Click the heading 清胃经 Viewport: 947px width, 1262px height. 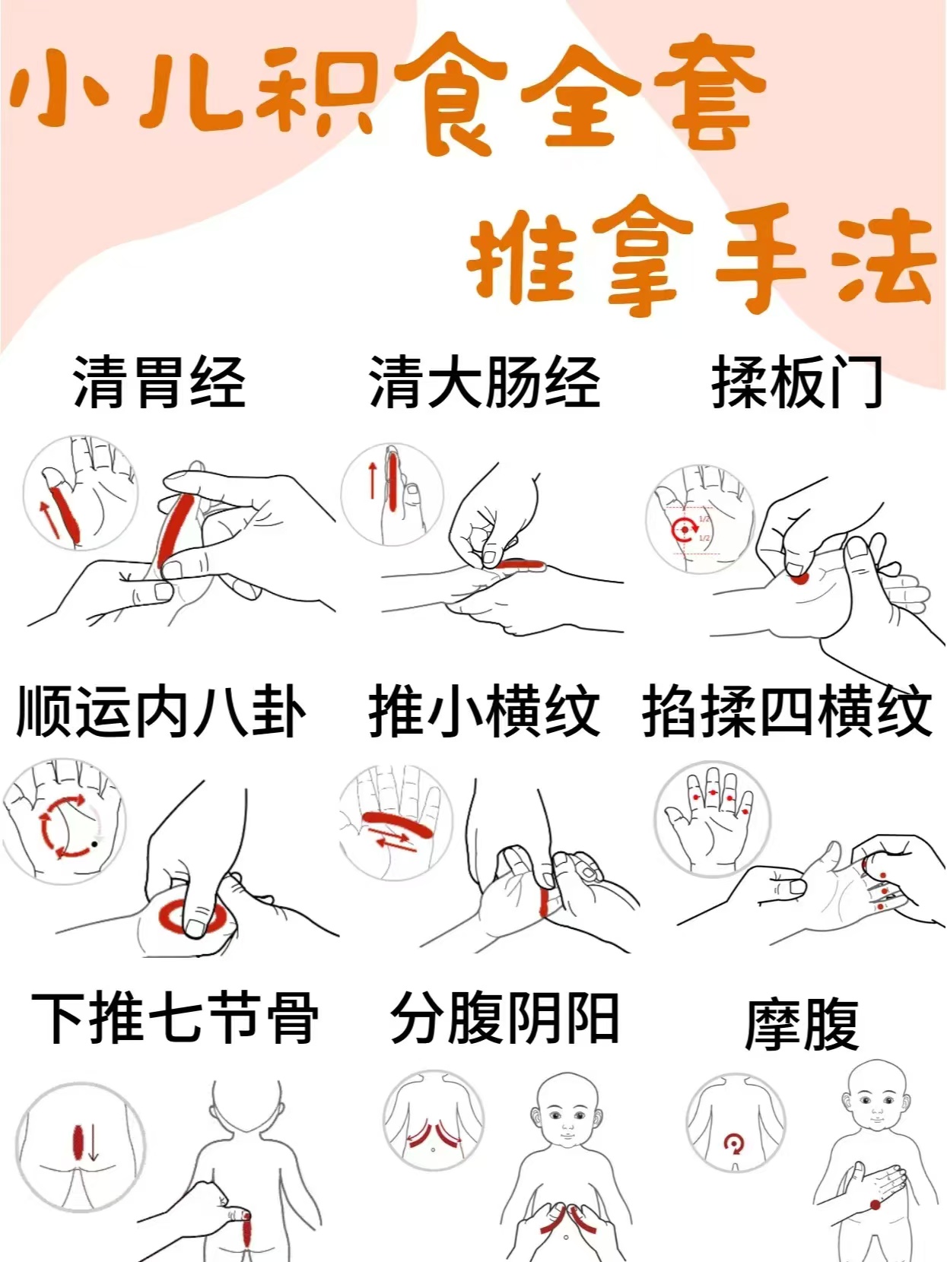pos(159,382)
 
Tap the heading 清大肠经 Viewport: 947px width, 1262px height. pos(485,382)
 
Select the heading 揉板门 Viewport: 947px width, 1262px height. pos(797,382)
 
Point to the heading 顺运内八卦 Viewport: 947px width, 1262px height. pos(161,711)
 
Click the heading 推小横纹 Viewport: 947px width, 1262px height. pos(485,711)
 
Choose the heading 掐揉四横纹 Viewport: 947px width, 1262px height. pos(787,711)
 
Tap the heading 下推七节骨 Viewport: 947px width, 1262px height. pos(175,1016)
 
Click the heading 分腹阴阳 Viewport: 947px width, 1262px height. pos(505,1016)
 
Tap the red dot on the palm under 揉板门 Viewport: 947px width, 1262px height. pos(799,578)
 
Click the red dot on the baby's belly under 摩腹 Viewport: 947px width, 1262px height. pos(875,1200)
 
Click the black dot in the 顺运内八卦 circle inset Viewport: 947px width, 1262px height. pos(94,844)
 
